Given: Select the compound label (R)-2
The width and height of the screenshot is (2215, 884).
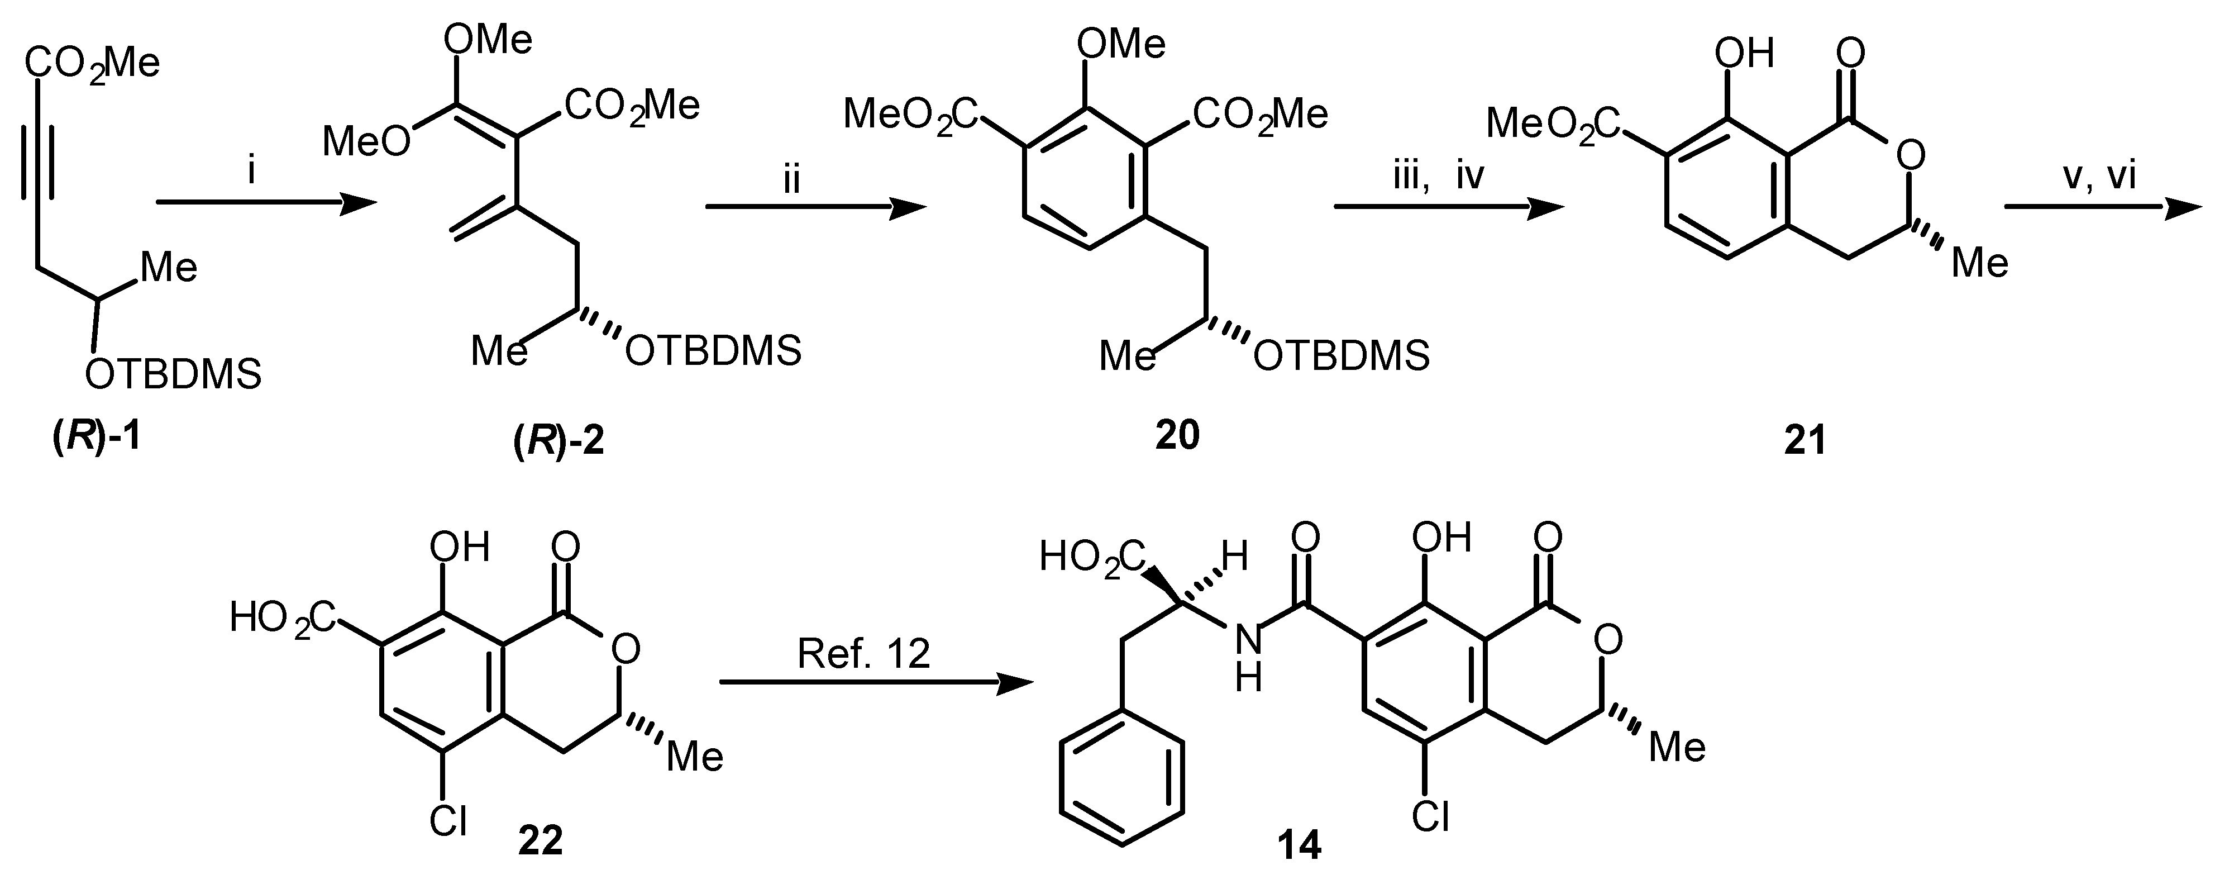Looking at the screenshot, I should (x=558, y=441).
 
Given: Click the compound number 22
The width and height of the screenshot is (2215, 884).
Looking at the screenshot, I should (x=540, y=839).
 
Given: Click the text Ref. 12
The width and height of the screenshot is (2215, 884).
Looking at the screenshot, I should (x=863, y=654).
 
